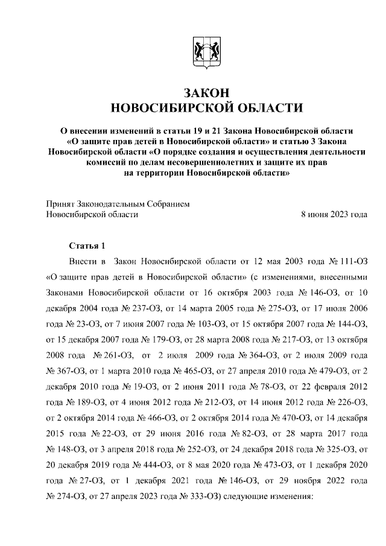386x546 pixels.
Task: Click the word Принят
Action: click(x=60, y=204)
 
